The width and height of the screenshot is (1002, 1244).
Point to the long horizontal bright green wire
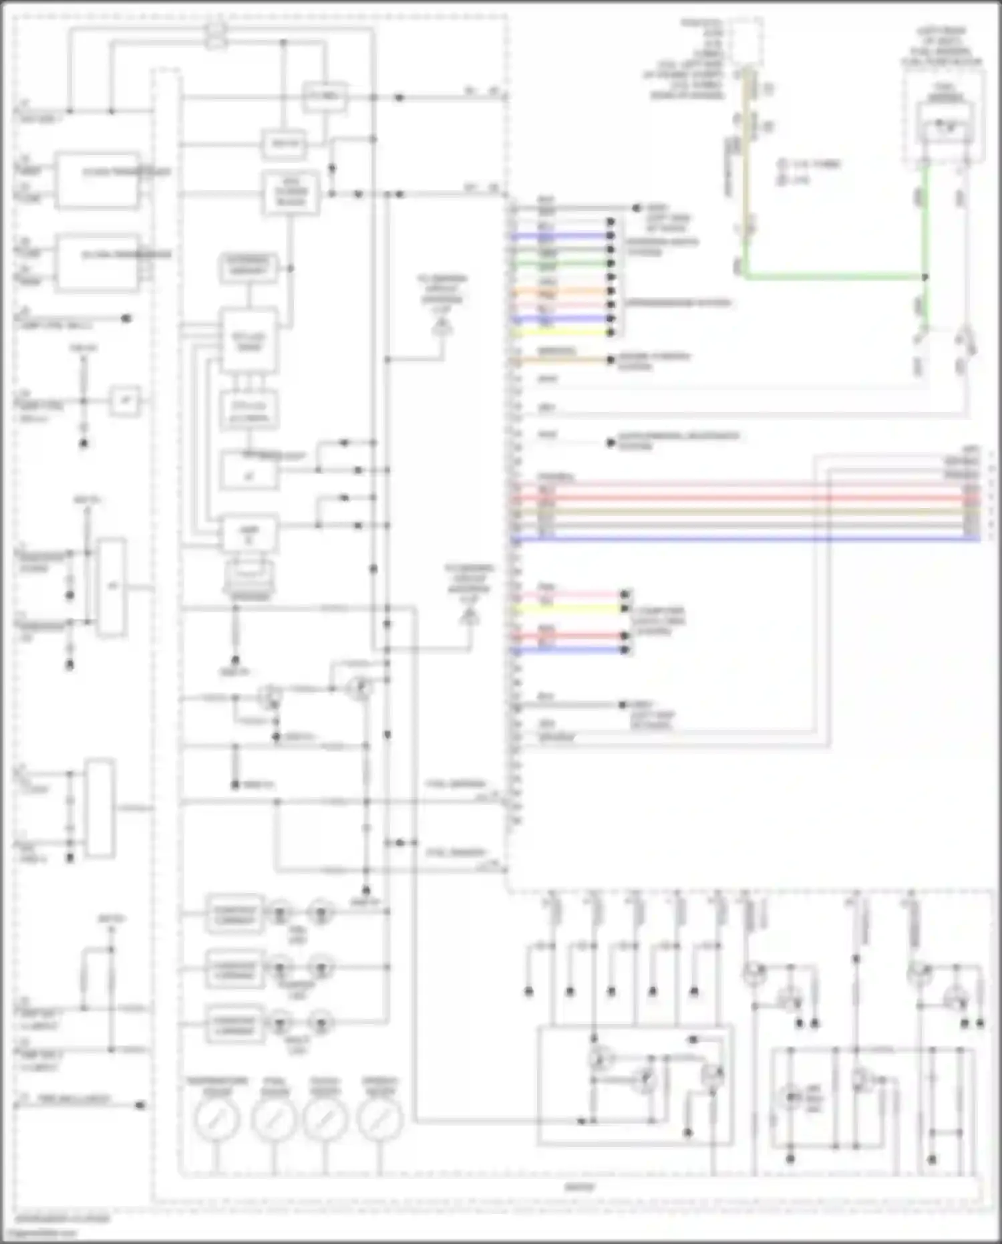(x=835, y=276)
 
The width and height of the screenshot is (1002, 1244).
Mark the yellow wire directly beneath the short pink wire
(x=568, y=609)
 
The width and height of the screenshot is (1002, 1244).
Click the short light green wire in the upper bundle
(x=561, y=263)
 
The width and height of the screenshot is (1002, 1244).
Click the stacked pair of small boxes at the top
(x=216, y=35)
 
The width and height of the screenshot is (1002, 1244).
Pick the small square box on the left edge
(x=125, y=401)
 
